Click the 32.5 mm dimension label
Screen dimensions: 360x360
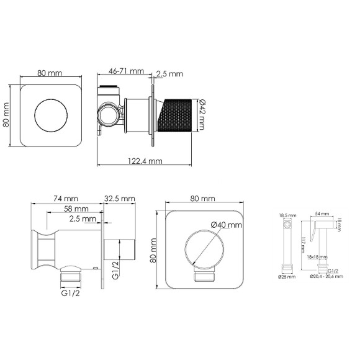click(x=119, y=198)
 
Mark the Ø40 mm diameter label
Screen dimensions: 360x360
click(x=225, y=224)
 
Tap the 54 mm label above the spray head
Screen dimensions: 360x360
click(x=322, y=213)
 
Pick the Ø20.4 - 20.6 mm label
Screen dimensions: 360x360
click(x=325, y=277)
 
